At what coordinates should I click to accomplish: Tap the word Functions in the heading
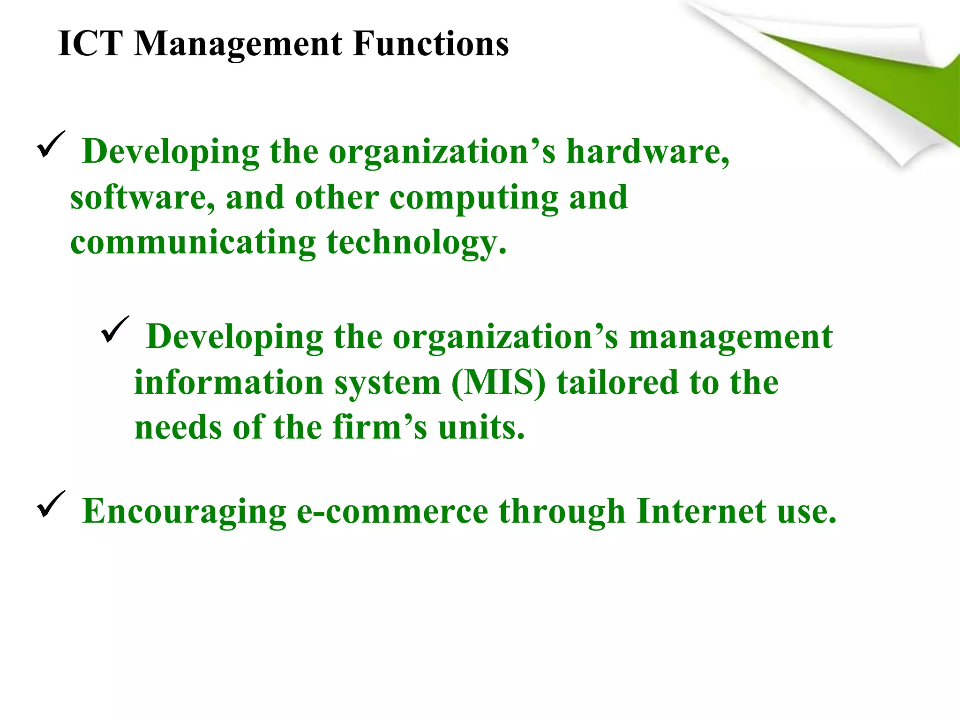click(x=431, y=44)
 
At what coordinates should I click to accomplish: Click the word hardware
click(x=647, y=152)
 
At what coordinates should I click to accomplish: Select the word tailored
click(x=618, y=382)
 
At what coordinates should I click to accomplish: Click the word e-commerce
click(x=392, y=511)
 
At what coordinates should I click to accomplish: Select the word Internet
click(x=701, y=511)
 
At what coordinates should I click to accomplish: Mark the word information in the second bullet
click(x=229, y=382)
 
